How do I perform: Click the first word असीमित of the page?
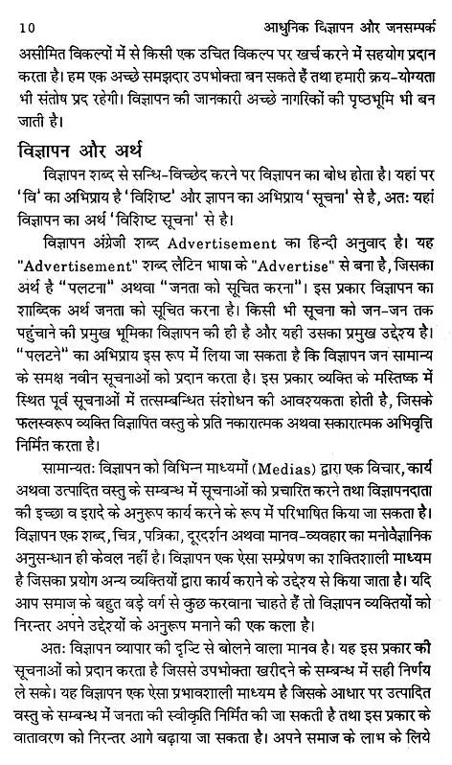[36, 48]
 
